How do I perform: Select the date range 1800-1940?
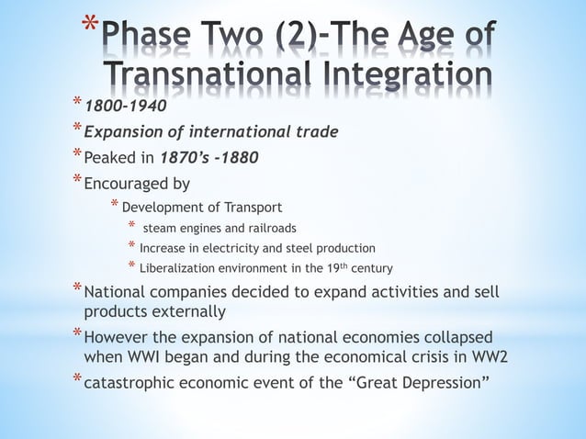pyautogui.click(x=125, y=106)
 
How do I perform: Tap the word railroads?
pyautogui.click(x=266, y=227)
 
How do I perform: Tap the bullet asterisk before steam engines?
pyautogui.click(x=132, y=226)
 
